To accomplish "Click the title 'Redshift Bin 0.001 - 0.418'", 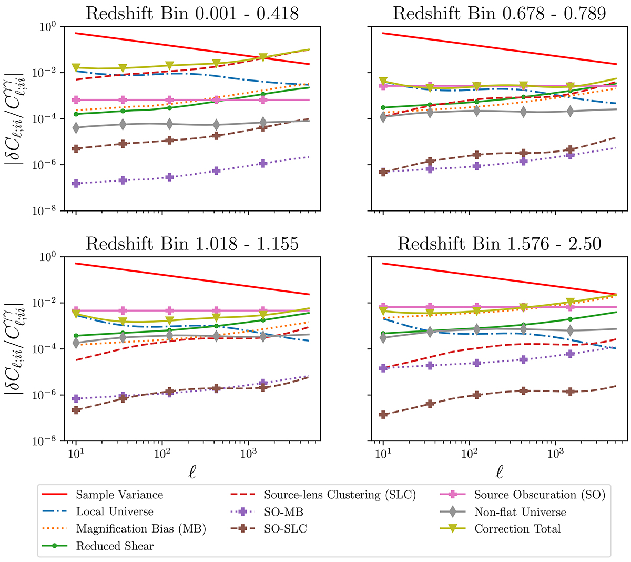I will click(x=192, y=13).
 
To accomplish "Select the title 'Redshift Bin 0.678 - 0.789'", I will click(x=500, y=13).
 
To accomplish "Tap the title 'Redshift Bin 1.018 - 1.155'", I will click(x=192, y=243).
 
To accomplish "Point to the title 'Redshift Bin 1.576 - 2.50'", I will click(x=500, y=243).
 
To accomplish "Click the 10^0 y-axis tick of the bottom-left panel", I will click(x=51, y=257).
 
